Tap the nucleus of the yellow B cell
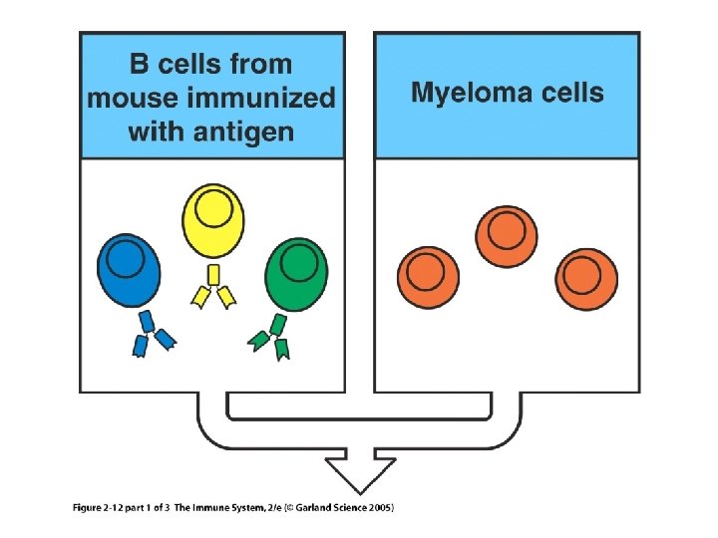(x=212, y=210)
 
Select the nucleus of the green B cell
(x=299, y=262)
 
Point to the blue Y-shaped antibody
(x=154, y=333)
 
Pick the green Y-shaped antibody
(x=272, y=335)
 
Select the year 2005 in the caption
(x=379, y=508)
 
